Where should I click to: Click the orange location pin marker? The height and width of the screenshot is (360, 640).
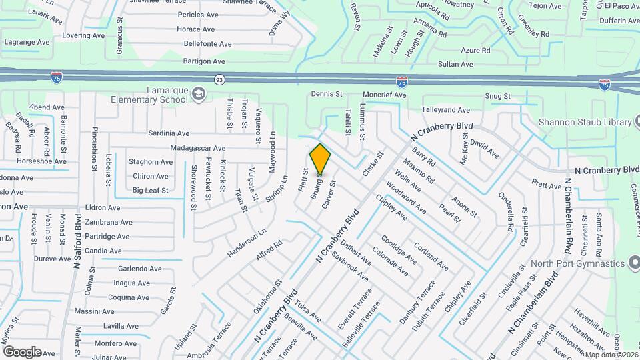(320, 159)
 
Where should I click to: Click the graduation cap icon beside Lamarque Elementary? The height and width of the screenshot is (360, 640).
(198, 93)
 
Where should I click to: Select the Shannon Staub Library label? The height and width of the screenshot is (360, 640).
(585, 122)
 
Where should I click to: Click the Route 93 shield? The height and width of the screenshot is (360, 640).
(219, 79)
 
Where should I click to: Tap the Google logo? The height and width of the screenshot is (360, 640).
(22, 351)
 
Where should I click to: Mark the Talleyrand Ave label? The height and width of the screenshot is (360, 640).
(445, 109)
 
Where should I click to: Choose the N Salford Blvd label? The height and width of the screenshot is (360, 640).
(78, 243)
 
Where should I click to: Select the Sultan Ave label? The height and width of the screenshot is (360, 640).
(455, 65)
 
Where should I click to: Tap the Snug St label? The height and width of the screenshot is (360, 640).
(497, 96)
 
